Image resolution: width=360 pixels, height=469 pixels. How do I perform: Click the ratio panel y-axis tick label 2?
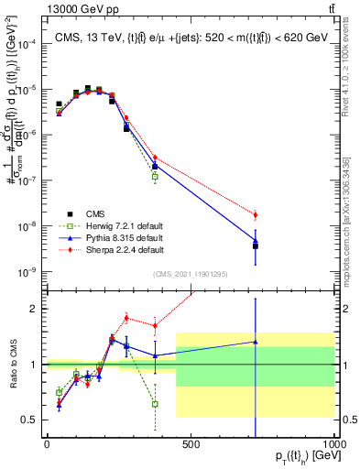tap(37, 309)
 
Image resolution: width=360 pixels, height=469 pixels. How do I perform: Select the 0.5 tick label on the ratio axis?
tap(32, 420)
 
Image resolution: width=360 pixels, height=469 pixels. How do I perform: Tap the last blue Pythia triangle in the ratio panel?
tap(256, 342)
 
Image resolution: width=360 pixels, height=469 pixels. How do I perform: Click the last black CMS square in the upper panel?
tap(256, 245)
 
